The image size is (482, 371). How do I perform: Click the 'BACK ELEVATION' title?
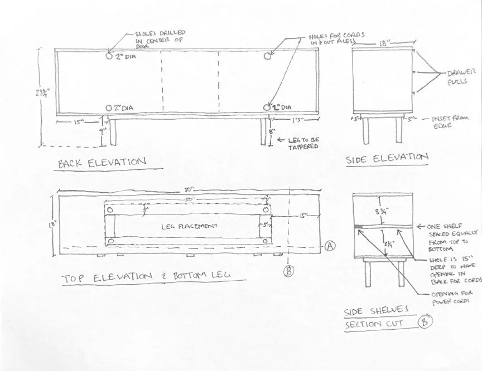pos(102,163)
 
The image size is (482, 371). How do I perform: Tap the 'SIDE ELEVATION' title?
pos(387,158)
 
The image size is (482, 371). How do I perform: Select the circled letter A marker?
pos(329,246)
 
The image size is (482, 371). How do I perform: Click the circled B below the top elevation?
pos(289,271)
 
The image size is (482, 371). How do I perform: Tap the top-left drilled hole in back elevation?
pos(109,56)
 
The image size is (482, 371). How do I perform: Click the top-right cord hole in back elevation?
pos(267,56)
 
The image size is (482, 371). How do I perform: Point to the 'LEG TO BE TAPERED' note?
pos(303,143)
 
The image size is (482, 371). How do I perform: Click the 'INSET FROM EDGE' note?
pos(451,122)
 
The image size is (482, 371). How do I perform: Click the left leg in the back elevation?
pos(112,133)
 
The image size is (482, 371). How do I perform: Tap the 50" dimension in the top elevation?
pos(190,199)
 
